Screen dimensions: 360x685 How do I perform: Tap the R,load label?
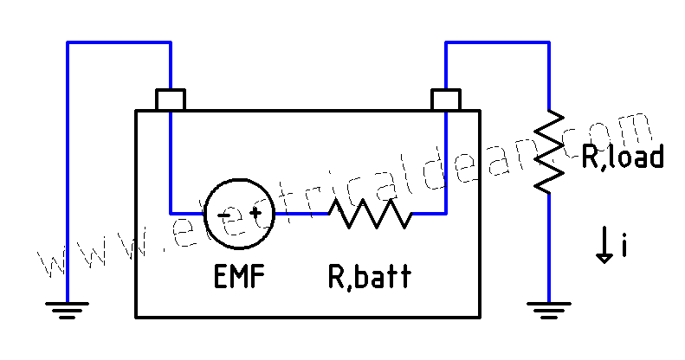pos(622,157)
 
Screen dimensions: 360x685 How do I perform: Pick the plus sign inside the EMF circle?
pos(255,212)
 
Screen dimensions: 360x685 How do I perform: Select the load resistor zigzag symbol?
pos(549,151)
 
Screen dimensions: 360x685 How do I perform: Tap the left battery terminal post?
pos(170,99)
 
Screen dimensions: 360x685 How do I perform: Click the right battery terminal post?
pos(445,99)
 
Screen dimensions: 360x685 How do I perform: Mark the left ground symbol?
pos(68,307)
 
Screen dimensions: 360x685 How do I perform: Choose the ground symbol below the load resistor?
pos(549,307)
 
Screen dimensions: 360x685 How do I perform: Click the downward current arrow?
pos(604,245)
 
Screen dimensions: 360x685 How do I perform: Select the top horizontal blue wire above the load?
pos(497,41)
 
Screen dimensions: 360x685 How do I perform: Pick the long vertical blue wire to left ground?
pos(68,173)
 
